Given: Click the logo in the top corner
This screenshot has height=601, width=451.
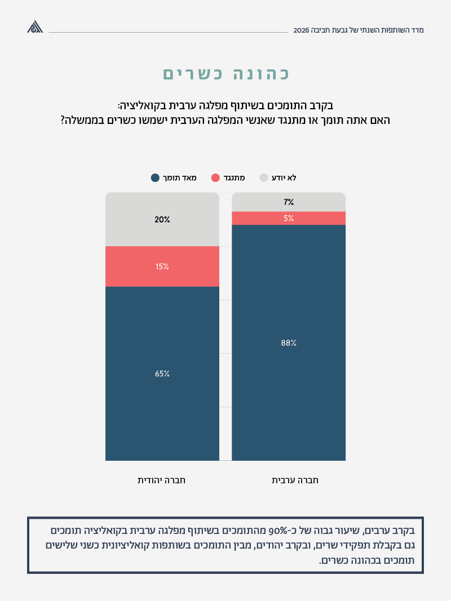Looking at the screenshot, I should pyautogui.click(x=35, y=26).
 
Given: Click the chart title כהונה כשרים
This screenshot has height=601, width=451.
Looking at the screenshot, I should pyautogui.click(x=225, y=74).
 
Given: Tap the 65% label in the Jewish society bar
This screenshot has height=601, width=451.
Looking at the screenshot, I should pyautogui.click(x=162, y=373).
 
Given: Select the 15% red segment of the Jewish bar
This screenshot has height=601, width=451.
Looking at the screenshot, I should pyautogui.click(x=162, y=266).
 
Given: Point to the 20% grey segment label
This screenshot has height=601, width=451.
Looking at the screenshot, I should pyautogui.click(x=162, y=220).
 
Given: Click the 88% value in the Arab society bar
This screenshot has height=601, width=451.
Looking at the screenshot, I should pyautogui.click(x=289, y=342).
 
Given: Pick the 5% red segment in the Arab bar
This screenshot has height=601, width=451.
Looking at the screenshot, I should pyautogui.click(x=289, y=218).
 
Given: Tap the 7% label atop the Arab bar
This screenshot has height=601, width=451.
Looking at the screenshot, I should pyautogui.click(x=289, y=202).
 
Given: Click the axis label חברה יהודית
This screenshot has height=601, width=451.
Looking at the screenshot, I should pyautogui.click(x=162, y=480).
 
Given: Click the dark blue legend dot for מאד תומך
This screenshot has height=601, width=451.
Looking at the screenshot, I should pyautogui.click(x=155, y=178).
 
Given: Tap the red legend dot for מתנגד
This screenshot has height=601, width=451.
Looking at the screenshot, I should pyautogui.click(x=215, y=178).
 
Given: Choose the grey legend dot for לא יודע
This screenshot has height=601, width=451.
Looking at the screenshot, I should pyautogui.click(x=263, y=178).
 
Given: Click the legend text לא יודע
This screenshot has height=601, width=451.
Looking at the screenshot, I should pyautogui.click(x=284, y=178).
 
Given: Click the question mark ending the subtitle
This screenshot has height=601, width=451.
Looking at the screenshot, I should pyautogui.click(x=63, y=120).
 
